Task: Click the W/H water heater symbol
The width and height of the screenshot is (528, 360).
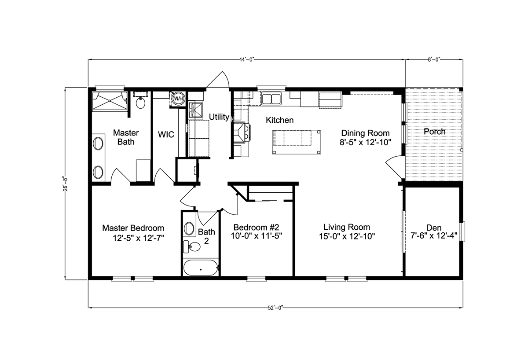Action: coord(178,99)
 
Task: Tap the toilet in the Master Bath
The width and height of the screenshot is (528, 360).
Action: coord(140,101)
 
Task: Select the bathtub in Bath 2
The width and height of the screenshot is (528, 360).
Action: coord(201,267)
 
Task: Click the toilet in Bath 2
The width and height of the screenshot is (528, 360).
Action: coord(192,246)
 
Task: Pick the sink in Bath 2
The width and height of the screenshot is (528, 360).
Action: coord(189,228)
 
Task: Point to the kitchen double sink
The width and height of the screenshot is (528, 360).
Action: coord(271,99)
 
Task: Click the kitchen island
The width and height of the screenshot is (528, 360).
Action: coord(297,142)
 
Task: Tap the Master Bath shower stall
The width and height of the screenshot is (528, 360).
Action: coord(110,101)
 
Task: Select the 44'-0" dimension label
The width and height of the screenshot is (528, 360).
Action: coord(247,60)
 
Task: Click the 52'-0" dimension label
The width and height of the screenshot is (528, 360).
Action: coord(275,308)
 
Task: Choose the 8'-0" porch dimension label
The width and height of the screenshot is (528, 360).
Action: coord(434,60)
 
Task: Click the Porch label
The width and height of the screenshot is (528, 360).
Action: coord(435,131)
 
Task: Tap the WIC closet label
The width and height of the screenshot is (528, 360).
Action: coord(166,134)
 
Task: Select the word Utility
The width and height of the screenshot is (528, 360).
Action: coord(219,117)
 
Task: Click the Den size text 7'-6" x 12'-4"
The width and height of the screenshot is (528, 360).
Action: coord(434,235)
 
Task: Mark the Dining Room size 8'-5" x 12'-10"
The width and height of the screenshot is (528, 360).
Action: coord(365,143)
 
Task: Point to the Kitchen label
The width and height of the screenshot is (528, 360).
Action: coord(279,120)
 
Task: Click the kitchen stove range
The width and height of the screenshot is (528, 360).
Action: coord(242,132)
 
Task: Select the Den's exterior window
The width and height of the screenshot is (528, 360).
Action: coord(463,232)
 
